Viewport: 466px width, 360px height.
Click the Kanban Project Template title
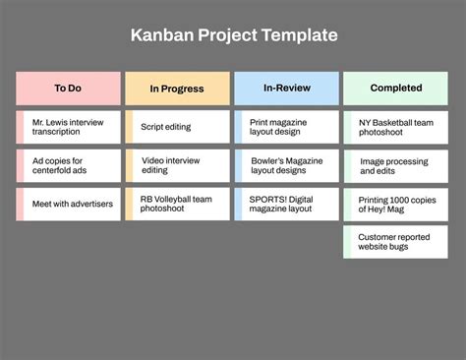(x=233, y=35)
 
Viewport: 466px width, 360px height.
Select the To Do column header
(x=68, y=89)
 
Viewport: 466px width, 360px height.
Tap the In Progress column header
(x=177, y=89)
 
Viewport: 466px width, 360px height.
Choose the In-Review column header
(x=286, y=89)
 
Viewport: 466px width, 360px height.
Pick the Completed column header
(x=395, y=89)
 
